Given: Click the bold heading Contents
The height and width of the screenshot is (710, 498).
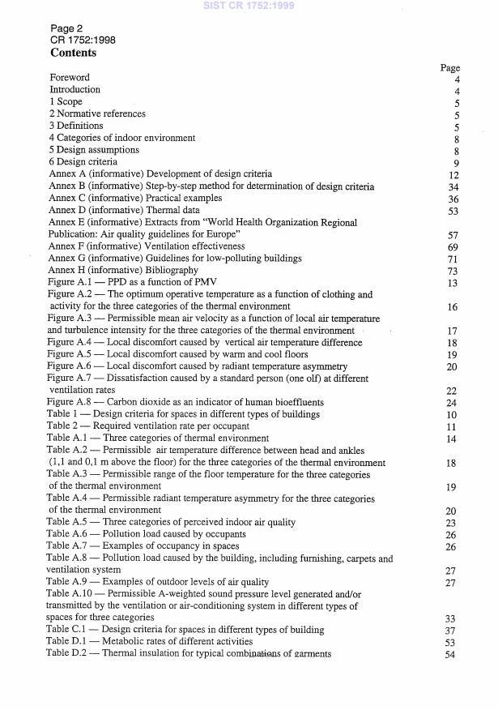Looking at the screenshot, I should (x=73, y=53).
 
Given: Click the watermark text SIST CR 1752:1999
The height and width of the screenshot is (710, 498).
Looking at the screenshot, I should (x=249, y=6).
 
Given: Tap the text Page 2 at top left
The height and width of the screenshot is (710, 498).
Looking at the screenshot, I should (x=66, y=28).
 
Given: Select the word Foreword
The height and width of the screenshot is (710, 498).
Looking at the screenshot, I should (x=70, y=78).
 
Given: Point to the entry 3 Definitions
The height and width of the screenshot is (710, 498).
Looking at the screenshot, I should (x=77, y=126).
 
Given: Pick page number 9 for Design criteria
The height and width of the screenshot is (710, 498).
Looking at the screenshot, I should (x=456, y=162).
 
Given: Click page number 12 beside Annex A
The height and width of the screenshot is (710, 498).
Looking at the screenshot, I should (x=453, y=174).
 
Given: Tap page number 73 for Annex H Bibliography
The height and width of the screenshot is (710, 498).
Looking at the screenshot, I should (x=453, y=270).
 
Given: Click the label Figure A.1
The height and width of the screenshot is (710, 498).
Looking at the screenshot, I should (x=71, y=282).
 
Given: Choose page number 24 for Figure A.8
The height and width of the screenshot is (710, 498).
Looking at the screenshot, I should (x=453, y=403).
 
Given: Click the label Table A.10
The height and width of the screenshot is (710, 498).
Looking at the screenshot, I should (x=69, y=594).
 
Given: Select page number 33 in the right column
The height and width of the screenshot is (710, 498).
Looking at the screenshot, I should (x=453, y=618).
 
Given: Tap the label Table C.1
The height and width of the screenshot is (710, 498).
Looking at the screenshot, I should (x=67, y=630).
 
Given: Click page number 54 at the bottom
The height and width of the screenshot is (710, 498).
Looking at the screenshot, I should (x=453, y=655).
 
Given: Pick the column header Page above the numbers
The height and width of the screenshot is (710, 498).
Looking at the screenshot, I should (x=449, y=68).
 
